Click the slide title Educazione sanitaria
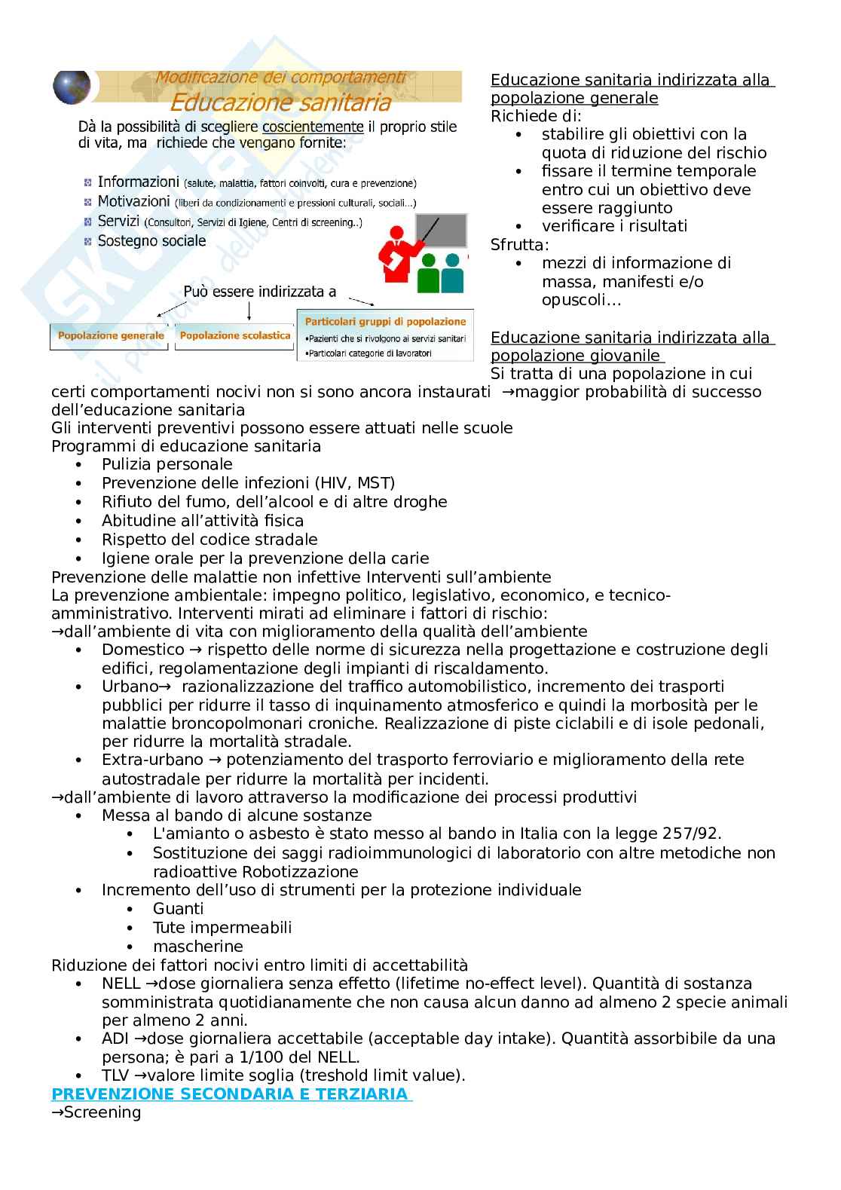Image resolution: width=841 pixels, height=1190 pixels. [x=280, y=101]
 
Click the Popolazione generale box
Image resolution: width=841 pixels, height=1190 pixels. [x=111, y=335]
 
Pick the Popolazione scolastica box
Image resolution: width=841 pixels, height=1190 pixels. [x=235, y=335]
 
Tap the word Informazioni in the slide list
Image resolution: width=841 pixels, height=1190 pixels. [x=138, y=182]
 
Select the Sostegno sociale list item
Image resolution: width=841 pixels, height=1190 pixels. [x=151, y=241]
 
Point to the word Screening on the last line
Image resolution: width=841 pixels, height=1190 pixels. [x=102, y=1112]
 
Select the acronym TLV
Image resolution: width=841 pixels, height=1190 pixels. [x=116, y=1075]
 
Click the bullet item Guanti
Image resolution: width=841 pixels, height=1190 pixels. [x=178, y=909]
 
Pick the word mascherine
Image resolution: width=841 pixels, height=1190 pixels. [x=197, y=947]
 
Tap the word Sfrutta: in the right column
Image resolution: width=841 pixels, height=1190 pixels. [x=520, y=245]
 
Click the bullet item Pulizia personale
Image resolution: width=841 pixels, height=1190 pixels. [x=167, y=464]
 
